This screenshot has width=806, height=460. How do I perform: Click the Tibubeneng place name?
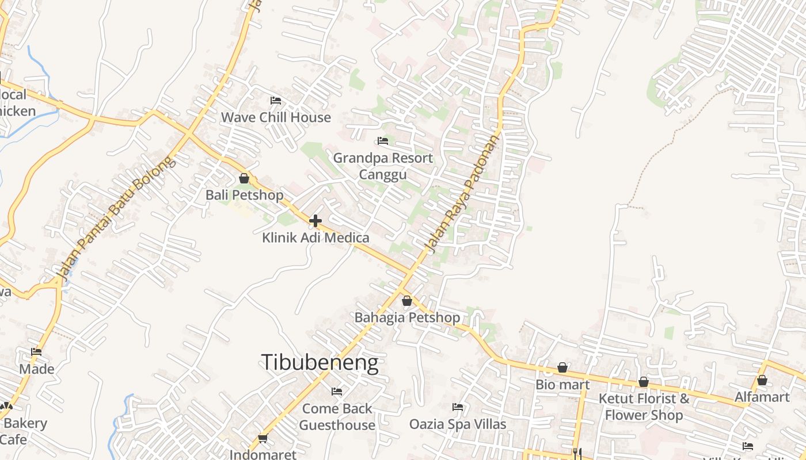click(x=320, y=363)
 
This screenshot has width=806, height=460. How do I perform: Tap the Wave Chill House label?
click(x=276, y=117)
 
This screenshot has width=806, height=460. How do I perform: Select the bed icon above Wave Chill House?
click(x=276, y=101)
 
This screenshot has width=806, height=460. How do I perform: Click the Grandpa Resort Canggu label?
click(x=383, y=166)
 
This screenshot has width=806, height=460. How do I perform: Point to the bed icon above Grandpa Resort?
click(x=383, y=141)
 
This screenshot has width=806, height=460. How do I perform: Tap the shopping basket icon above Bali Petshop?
click(x=244, y=178)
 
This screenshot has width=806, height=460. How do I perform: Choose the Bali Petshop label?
click(x=244, y=195)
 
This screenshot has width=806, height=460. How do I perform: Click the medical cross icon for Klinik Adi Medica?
click(x=315, y=220)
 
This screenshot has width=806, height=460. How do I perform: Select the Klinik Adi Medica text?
click(x=315, y=237)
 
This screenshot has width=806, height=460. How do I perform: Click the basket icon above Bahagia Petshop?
click(x=407, y=301)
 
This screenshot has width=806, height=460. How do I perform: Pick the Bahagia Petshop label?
click(x=407, y=317)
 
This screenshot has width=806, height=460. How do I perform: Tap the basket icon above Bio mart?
click(x=562, y=367)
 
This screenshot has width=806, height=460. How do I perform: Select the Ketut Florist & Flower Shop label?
click(x=644, y=407)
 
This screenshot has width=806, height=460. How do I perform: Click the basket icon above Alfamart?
click(x=762, y=380)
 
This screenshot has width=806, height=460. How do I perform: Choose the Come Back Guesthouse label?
click(x=337, y=417)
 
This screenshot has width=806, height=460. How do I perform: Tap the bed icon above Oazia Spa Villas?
click(x=458, y=407)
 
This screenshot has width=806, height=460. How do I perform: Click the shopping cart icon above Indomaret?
click(x=263, y=438)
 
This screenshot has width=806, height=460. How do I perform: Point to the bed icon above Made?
click(x=37, y=352)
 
